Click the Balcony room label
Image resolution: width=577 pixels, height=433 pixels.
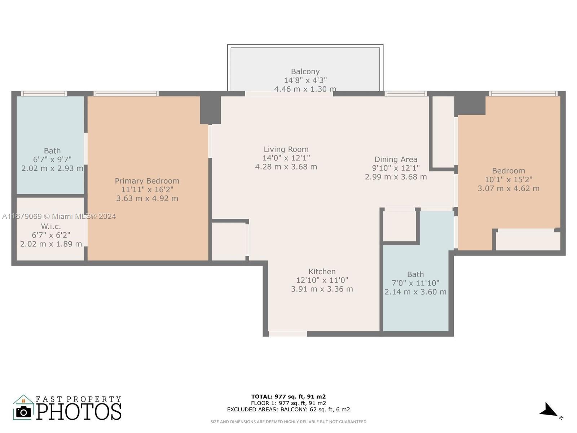point(305,71)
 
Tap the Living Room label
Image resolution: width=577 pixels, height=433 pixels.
point(286,149)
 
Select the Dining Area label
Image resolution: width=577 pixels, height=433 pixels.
point(396,159)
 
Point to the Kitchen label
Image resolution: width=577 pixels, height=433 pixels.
point(322,271)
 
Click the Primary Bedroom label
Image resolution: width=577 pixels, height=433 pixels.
point(147,181)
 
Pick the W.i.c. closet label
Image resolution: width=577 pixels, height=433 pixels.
point(51,226)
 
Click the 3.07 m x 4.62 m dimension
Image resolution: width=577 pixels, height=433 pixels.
point(508,188)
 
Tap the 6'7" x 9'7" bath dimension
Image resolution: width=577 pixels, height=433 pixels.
point(52,159)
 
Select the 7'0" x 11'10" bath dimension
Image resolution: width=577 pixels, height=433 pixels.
point(415,283)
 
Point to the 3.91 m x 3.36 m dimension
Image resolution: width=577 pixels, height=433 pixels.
point(322,289)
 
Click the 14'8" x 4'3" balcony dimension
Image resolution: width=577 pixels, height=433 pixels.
point(305,80)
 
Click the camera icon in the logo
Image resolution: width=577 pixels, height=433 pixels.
point(23,412)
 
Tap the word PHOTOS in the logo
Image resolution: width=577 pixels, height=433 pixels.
point(79,412)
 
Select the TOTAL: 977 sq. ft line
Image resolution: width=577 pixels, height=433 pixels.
point(288,397)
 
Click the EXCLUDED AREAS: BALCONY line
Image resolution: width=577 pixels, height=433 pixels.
point(288,409)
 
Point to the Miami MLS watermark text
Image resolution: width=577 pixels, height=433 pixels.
point(59,216)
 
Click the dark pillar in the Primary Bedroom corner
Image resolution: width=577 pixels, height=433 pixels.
point(210,110)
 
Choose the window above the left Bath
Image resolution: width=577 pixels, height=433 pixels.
point(44,93)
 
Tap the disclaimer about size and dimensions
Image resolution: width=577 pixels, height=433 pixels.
point(288,422)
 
